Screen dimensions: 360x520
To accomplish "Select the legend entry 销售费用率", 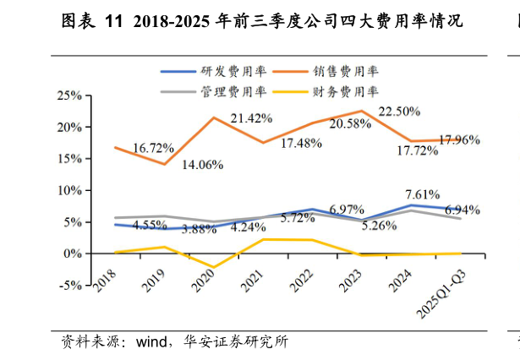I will click(348, 71).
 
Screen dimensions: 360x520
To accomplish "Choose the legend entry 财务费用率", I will click(348, 90).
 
